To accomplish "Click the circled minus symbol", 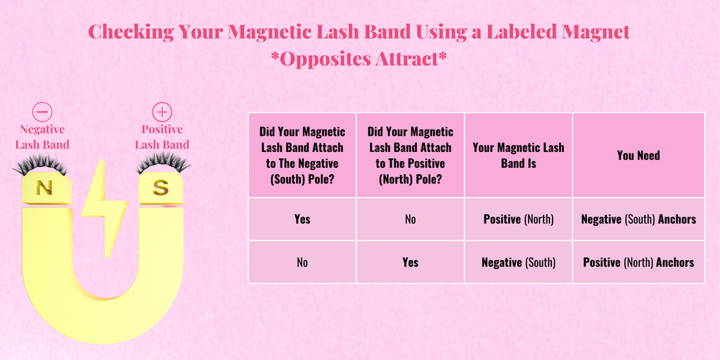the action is tap(42, 112).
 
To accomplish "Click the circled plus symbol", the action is tap(162, 112).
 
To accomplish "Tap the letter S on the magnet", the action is tap(160, 188).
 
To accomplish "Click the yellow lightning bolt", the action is tap(104, 207).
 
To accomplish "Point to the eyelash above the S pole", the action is tap(163, 163).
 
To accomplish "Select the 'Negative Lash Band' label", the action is tap(42, 137).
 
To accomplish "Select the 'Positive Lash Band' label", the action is tap(162, 137).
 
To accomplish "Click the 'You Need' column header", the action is tap(638, 155).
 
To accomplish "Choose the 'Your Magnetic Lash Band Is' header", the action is tap(518, 155).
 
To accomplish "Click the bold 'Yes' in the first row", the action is tap(302, 219).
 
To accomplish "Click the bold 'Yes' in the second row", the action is tap(411, 262).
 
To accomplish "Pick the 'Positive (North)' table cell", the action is tap(518, 219).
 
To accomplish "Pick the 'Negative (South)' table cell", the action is tap(518, 263).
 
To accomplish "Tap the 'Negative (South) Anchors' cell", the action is tap(638, 219).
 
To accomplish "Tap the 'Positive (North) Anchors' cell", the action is tap(638, 263).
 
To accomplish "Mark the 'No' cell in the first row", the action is tap(411, 219).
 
